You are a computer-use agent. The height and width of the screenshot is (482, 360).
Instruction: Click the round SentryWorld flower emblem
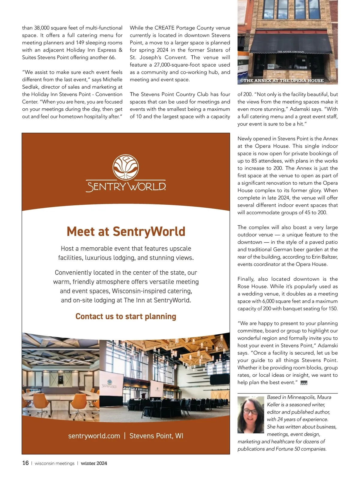[126, 167]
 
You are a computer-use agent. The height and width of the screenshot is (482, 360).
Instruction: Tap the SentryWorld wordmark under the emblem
[126, 186]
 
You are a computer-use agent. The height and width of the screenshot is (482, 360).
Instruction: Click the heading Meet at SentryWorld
[126, 232]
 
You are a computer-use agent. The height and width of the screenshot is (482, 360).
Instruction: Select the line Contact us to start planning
[126, 316]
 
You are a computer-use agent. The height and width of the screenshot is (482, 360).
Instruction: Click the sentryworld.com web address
[94, 436]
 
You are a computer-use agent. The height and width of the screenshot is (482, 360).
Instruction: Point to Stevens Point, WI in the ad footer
[156, 436]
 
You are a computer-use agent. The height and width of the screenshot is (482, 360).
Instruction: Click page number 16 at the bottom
[25, 463]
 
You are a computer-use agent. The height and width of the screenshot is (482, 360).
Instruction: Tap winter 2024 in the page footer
[94, 463]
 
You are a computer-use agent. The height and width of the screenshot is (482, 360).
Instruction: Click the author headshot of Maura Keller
[251, 414]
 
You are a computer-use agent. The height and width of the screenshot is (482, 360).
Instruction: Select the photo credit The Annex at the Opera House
[282, 80]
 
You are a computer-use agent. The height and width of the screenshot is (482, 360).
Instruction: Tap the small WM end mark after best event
[304, 383]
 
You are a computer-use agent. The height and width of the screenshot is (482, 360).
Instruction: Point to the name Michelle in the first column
[112, 80]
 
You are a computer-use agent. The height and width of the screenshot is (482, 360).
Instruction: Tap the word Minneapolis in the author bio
[301, 397]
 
